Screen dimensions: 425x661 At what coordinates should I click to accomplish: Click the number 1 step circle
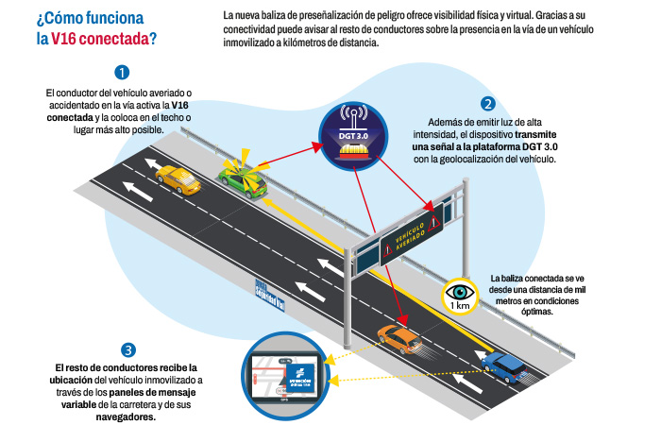tap(122, 72)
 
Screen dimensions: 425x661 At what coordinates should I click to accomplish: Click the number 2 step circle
tap(487, 104)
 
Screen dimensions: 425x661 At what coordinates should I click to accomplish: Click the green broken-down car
tap(243, 180)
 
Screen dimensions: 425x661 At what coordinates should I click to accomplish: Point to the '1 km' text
tap(461, 306)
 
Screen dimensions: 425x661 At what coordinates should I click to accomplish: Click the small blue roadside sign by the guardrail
tap(268, 295)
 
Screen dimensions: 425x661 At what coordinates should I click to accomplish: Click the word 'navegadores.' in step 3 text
tap(126, 417)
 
